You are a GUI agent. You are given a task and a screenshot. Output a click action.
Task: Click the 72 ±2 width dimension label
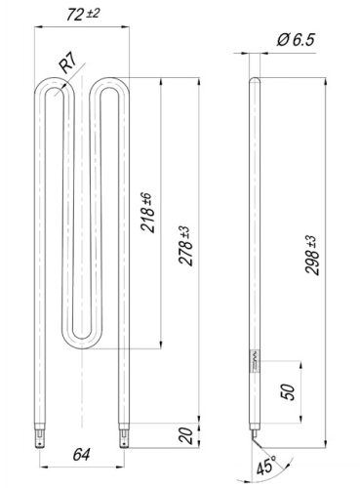83,15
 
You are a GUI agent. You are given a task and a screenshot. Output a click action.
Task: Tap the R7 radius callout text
67,63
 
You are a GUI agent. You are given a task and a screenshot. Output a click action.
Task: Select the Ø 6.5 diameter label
296,40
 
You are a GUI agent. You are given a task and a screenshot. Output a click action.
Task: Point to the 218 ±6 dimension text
146,212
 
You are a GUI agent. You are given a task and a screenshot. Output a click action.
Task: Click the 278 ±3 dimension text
186,246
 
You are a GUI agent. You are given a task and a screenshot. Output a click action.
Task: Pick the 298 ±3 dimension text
311,256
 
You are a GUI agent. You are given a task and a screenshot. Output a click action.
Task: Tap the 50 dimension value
289,391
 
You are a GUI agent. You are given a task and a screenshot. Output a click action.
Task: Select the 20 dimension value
186,435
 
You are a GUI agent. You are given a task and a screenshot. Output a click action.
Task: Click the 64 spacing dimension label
81,455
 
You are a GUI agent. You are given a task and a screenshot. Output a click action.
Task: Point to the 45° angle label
266,467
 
